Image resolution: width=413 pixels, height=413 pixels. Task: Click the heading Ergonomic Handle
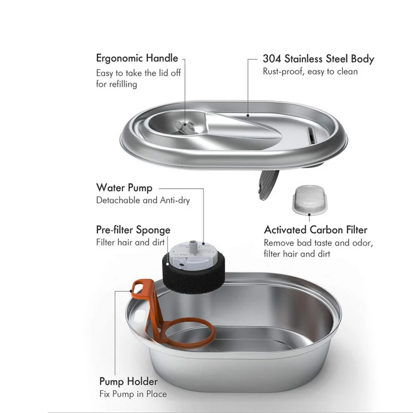tap(137, 58)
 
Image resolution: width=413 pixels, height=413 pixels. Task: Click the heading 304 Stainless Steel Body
tap(318, 59)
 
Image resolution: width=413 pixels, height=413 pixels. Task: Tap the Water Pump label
tap(124, 188)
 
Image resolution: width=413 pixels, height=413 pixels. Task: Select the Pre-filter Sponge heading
tap(133, 230)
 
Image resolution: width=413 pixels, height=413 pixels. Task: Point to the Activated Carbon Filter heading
tap(316, 230)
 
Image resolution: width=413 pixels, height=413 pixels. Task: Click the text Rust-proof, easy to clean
tap(310, 71)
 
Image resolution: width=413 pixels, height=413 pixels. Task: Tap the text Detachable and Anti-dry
tap(143, 201)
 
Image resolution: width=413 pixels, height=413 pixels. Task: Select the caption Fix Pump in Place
tap(133, 394)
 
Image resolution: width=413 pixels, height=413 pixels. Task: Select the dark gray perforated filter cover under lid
tap(268, 185)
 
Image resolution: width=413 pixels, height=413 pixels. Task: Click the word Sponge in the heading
tap(154, 230)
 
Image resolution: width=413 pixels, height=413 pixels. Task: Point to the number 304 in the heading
tap(272, 59)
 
